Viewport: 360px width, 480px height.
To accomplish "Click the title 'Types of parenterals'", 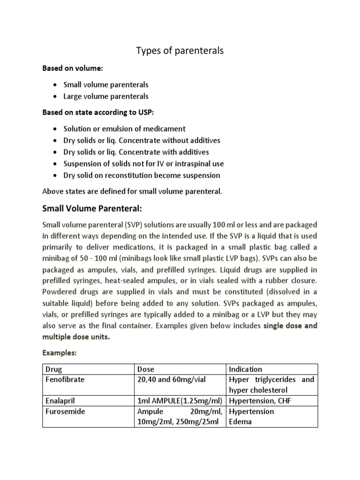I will click(x=180, y=51).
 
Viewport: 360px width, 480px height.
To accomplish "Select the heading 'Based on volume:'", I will click(x=73, y=69).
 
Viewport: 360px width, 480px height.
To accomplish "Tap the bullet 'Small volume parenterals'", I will click(x=106, y=85).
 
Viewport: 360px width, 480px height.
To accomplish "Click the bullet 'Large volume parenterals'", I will click(x=106, y=96).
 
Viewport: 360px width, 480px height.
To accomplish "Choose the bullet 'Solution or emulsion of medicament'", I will click(x=125, y=128).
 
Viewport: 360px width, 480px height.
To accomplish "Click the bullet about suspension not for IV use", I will click(x=143, y=164).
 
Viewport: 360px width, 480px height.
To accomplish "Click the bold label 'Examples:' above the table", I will click(x=59, y=352).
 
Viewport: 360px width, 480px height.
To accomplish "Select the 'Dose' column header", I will click(x=145, y=369).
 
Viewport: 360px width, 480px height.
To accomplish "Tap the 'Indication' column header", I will click(x=245, y=369).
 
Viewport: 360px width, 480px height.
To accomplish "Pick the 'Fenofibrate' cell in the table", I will click(x=64, y=380).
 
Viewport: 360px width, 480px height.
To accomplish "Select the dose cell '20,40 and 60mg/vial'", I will click(x=171, y=380).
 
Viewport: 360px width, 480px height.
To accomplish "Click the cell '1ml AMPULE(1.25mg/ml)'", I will click(x=180, y=401).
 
